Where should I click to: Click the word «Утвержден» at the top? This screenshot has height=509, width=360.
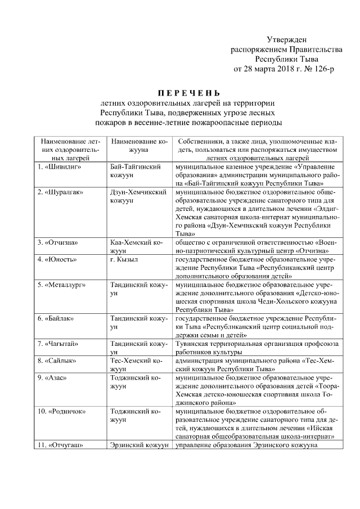click(x=286, y=40)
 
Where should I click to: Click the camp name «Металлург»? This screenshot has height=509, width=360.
click(x=66, y=285)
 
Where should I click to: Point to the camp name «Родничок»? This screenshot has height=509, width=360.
click(x=67, y=411)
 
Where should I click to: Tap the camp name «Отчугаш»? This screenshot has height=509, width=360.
click(x=66, y=445)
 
